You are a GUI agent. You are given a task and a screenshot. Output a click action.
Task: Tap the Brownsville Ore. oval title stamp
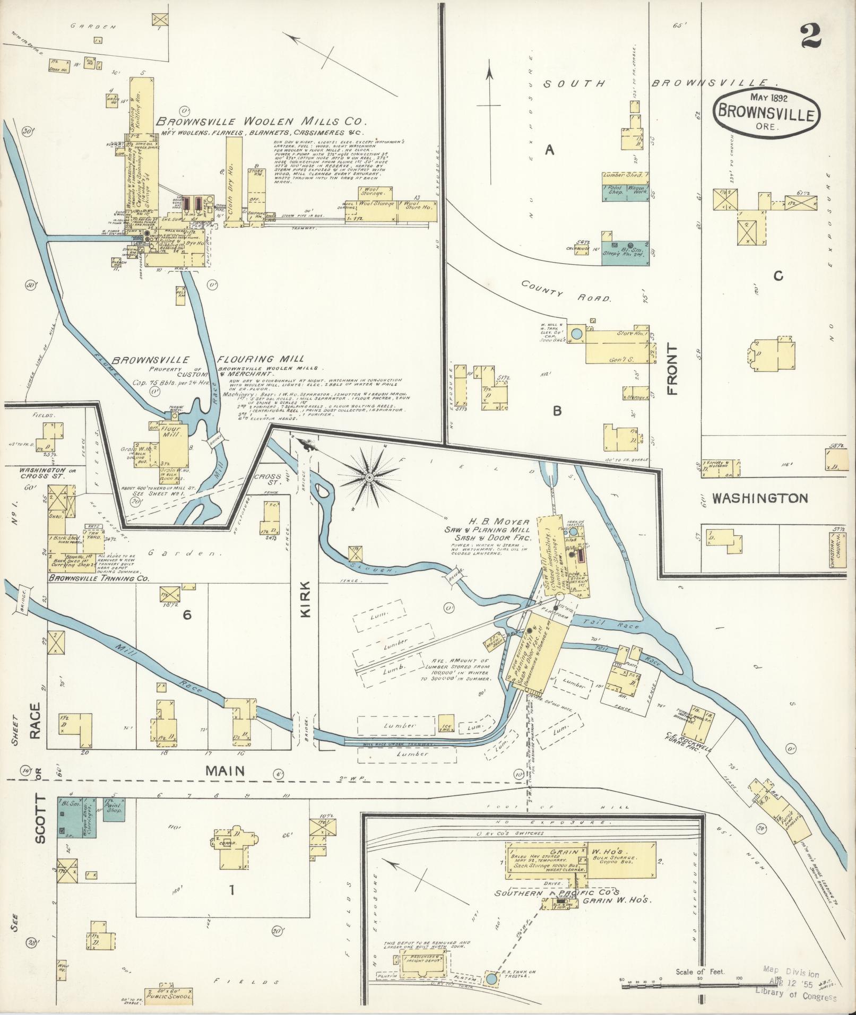[x=766, y=112]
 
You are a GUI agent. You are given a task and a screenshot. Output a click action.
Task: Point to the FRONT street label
[x=673, y=369]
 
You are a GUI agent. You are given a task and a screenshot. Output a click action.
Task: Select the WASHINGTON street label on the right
[x=759, y=498]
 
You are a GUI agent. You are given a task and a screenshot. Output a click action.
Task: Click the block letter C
[x=778, y=276]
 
